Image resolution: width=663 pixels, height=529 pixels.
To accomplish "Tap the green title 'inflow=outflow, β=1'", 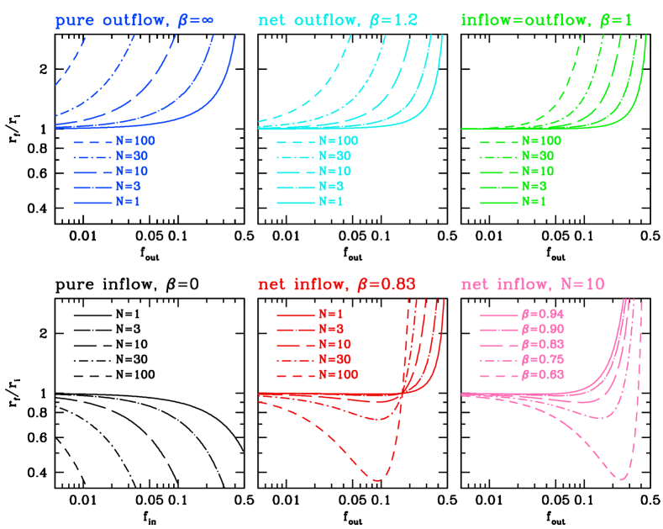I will pyautogui.click(x=547, y=20).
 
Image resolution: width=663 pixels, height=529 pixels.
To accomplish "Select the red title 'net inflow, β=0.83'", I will pyautogui.click(x=337, y=283).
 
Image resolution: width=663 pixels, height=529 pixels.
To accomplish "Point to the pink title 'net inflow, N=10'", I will pyautogui.click(x=533, y=283).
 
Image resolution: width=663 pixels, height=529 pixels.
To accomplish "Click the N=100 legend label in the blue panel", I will pyautogui.click(x=135, y=140).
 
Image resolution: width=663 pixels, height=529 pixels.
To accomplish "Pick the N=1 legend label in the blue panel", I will pyautogui.click(x=128, y=203).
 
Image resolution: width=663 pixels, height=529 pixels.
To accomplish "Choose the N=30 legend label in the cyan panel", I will pyautogui.click(x=334, y=156).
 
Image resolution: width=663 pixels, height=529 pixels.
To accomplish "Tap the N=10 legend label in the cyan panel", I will pyautogui.click(x=334, y=172).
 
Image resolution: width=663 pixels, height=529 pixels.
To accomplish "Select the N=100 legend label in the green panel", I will pyautogui.click(x=541, y=140).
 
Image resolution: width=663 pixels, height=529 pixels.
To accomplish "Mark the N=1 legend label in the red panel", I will pyautogui.click(x=331, y=313).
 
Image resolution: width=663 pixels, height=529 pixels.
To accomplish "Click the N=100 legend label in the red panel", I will pyautogui.click(x=338, y=375).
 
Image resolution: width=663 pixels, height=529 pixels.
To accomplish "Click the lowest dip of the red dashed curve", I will pyautogui.click(x=376, y=480).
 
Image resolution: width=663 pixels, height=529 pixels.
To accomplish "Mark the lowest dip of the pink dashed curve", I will pyautogui.click(x=622, y=479).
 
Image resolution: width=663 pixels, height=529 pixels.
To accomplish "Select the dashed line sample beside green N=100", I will pyautogui.click(x=498, y=141).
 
